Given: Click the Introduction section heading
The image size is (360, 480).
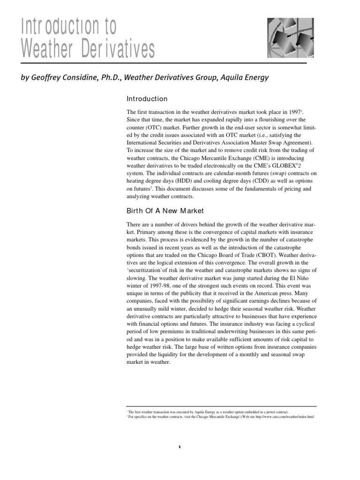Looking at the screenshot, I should (147, 99).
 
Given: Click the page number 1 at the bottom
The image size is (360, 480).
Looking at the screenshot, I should (180, 447).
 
